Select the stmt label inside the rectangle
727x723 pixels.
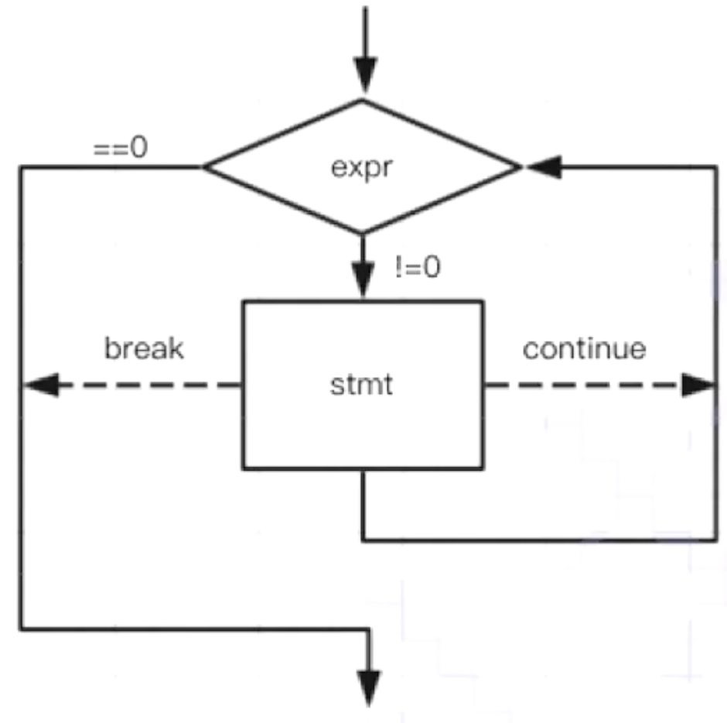[362, 385]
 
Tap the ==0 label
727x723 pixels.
[120, 148]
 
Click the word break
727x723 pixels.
[145, 349]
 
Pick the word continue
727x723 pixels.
[584, 349]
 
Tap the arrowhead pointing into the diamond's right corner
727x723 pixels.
[541, 166]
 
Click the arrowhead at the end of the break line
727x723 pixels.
[40, 385]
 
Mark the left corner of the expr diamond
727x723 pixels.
[204, 166]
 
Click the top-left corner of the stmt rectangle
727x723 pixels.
[244, 302]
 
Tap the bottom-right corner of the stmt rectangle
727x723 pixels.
[483, 468]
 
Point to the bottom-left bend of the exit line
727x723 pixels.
[21, 627]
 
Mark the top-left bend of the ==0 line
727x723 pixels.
[21, 166]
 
